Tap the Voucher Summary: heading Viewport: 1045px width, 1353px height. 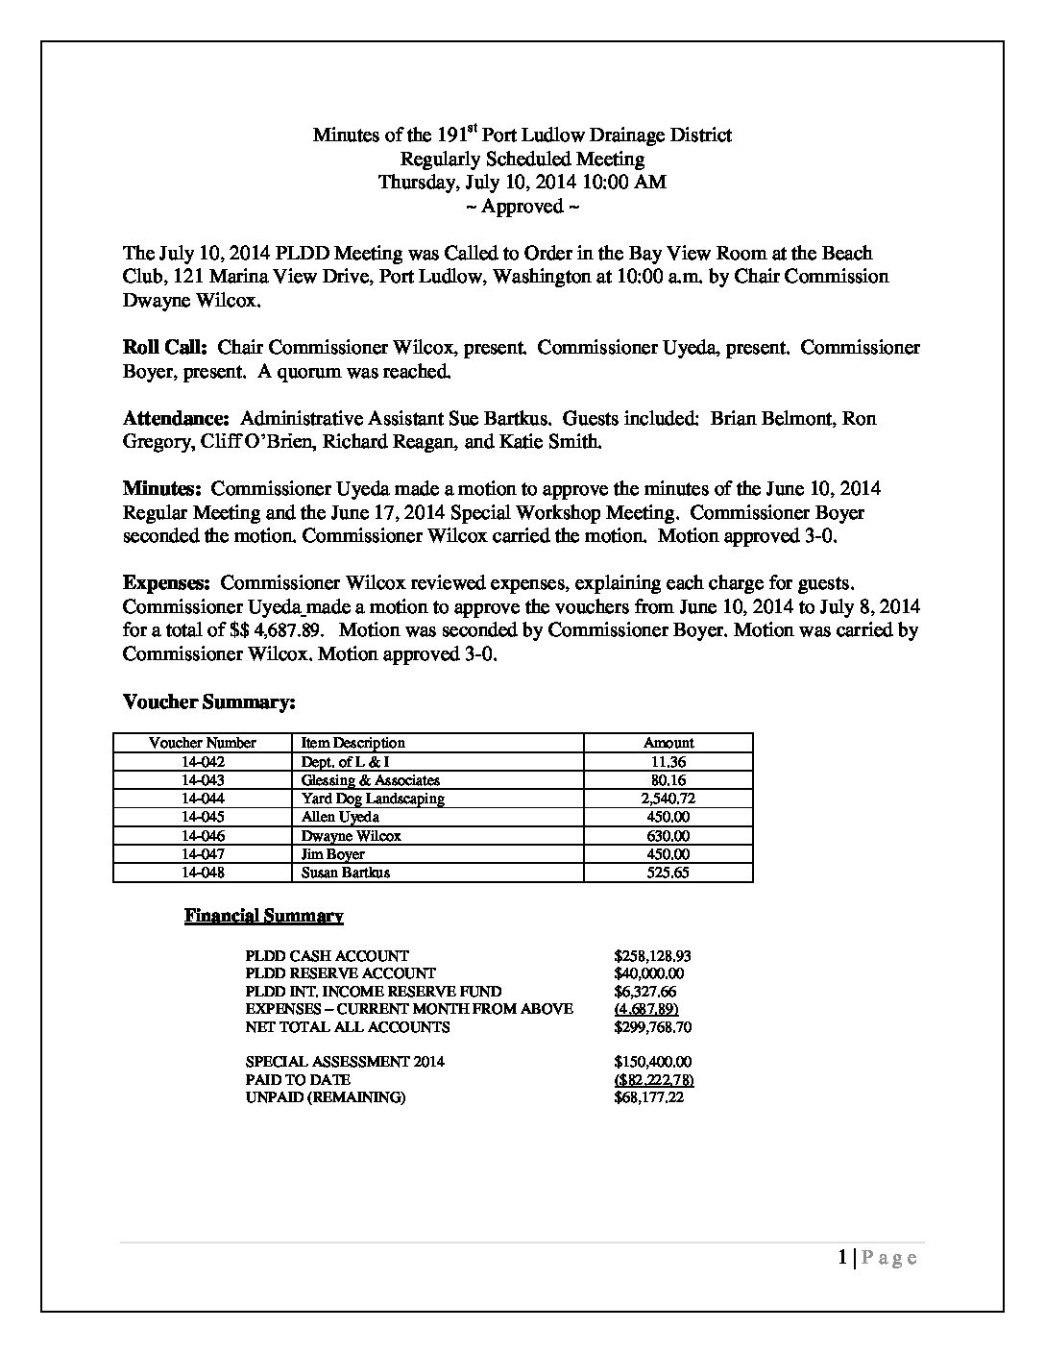pyautogui.click(x=208, y=702)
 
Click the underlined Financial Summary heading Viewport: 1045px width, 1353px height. pyautogui.click(x=264, y=916)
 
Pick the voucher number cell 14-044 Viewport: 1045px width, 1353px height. pyautogui.click(x=202, y=799)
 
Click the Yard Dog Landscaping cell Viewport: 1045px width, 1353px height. pyautogui.click(x=373, y=799)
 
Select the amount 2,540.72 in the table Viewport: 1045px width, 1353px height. pyautogui.click(x=668, y=799)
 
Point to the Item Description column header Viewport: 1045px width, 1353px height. pyautogui.click(x=352, y=743)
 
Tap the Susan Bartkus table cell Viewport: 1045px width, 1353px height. pyautogui.click(x=346, y=873)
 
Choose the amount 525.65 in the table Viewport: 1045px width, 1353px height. pyautogui.click(x=668, y=873)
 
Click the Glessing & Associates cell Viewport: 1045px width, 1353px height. pyautogui.click(x=371, y=780)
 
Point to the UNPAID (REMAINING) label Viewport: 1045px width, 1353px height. pyautogui.click(x=326, y=1098)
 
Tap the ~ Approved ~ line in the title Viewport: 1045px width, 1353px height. pyautogui.click(x=522, y=207)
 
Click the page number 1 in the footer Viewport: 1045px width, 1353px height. pyautogui.click(x=842, y=1258)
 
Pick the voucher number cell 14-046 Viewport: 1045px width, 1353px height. pyautogui.click(x=202, y=836)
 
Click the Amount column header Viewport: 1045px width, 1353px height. pyautogui.click(x=668, y=743)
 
